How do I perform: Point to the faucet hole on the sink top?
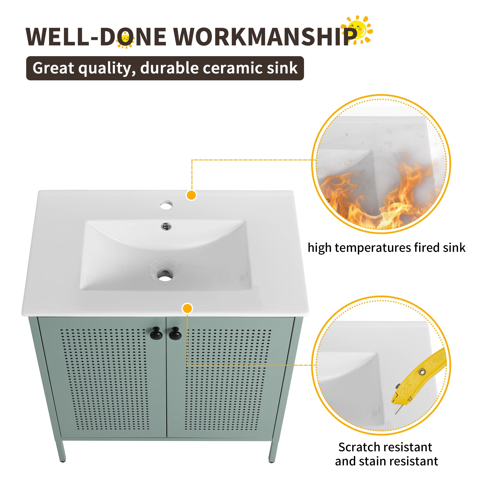coord(166,205)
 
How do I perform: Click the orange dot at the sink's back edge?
coord(191,195)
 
